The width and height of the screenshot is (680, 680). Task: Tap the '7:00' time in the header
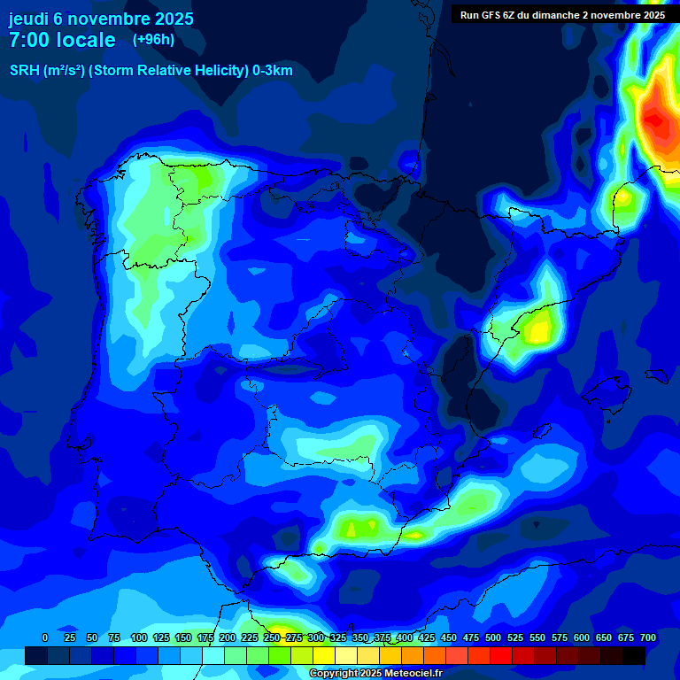tap(28, 40)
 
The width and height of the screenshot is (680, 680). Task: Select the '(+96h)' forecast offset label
tap(153, 40)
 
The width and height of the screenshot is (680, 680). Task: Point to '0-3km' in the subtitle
tap(272, 71)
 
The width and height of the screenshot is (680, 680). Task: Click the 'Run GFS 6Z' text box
tap(562, 15)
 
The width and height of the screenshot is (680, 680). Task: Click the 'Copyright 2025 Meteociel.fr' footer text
tap(375, 674)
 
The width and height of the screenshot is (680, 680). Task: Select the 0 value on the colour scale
tap(45, 637)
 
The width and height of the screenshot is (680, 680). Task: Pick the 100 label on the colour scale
tap(138, 637)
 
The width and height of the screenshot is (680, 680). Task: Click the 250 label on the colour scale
tap(272, 637)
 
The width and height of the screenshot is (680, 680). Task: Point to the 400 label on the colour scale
tap(405, 637)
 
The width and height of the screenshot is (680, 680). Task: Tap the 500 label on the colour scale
tap(493, 637)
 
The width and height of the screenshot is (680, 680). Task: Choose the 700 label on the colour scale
tap(648, 637)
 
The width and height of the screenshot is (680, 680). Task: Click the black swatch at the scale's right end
tap(634, 655)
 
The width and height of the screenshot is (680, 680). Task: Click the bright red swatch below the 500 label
tap(501, 655)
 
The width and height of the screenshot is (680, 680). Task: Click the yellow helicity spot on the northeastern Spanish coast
tap(537, 330)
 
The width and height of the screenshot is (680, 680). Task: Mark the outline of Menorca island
tap(656, 375)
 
